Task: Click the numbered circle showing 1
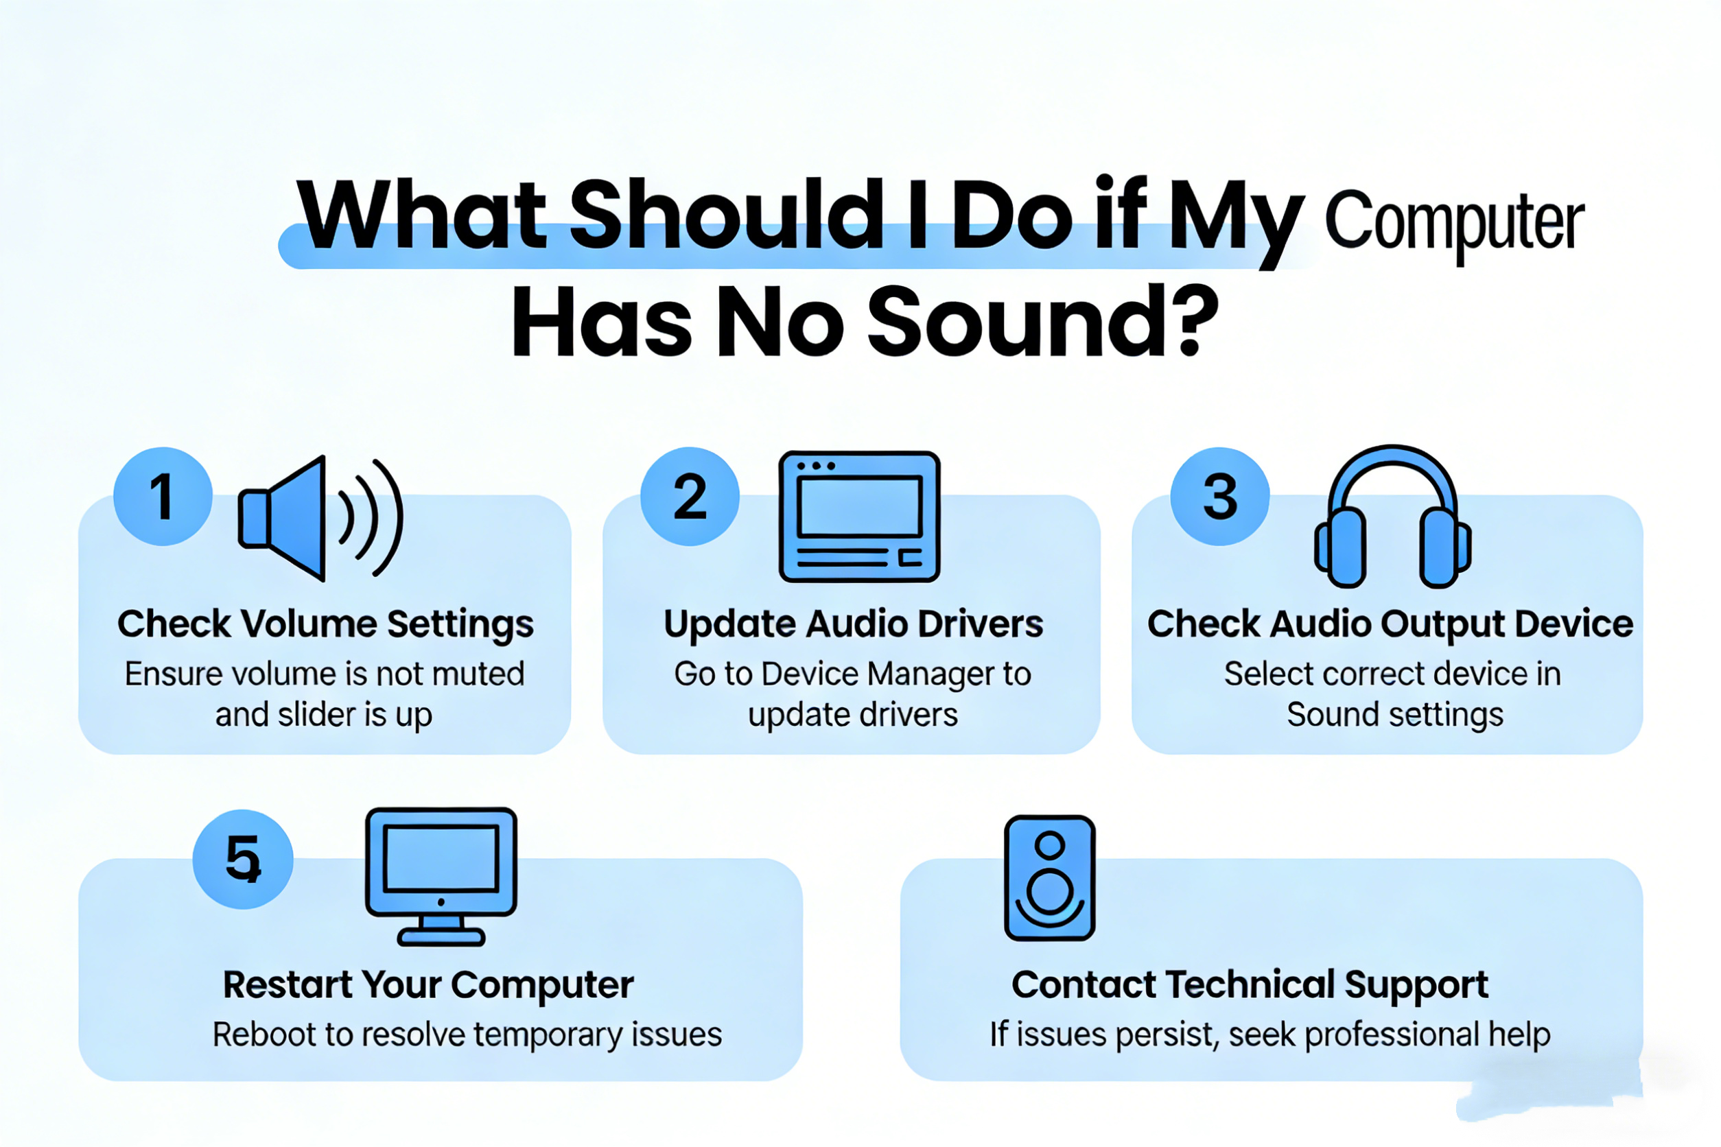click(x=163, y=497)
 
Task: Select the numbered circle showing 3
click(x=1220, y=497)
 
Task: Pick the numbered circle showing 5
click(x=243, y=859)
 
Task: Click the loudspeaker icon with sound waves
click(x=320, y=518)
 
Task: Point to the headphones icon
click(x=1392, y=517)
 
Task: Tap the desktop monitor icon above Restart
click(x=441, y=875)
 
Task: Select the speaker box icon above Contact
click(x=1050, y=878)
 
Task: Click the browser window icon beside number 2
click(x=859, y=517)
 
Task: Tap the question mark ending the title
click(x=1193, y=322)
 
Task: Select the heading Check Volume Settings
click(x=326, y=624)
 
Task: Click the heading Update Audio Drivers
click(x=853, y=624)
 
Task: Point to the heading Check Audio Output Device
click(x=1390, y=624)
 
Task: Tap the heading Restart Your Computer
click(x=428, y=984)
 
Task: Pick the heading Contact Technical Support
click(x=1250, y=984)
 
